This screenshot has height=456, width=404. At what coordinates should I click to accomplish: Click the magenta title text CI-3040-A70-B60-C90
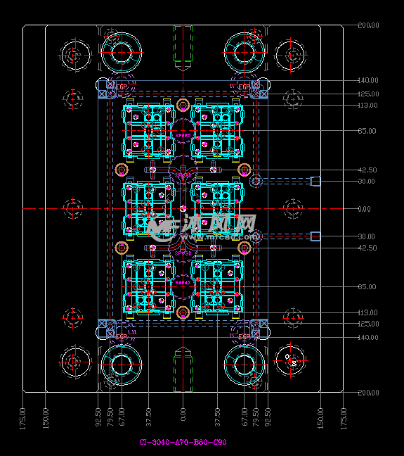[x=183, y=442]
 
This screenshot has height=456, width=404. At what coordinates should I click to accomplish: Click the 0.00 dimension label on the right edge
[x=364, y=209]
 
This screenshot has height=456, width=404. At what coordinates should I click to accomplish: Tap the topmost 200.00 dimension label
[x=368, y=25]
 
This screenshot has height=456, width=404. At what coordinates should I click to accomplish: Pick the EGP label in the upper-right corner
[x=243, y=87]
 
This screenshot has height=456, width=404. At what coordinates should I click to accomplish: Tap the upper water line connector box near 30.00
[x=315, y=182]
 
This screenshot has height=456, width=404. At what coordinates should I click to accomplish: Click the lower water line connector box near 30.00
[x=315, y=236]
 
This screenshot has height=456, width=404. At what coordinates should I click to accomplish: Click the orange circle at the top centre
[x=183, y=106]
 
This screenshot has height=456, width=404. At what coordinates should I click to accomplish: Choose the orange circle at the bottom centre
[x=183, y=312]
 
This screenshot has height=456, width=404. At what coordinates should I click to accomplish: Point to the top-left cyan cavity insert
[x=148, y=130]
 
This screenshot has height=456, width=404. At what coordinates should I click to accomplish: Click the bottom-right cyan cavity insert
[x=218, y=286]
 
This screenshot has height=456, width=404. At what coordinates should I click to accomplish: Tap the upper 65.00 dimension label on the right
[x=367, y=131]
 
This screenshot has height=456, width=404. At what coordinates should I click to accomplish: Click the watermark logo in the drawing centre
[x=204, y=225]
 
